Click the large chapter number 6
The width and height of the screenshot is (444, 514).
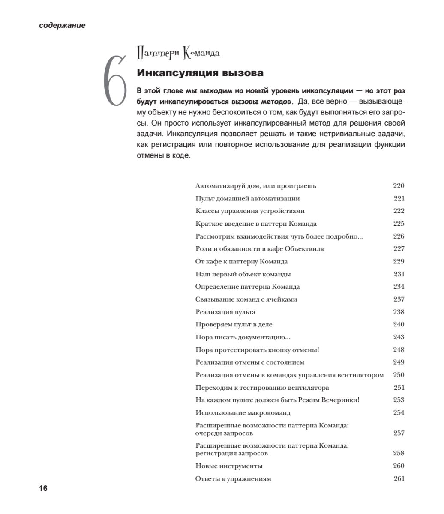point(115,81)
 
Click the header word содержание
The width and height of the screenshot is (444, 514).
point(62,25)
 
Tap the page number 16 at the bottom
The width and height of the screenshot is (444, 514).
point(43,488)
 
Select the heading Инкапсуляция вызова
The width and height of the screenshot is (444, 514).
point(200,73)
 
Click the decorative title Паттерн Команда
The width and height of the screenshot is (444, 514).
point(178,53)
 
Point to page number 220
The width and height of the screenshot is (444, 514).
point(399,186)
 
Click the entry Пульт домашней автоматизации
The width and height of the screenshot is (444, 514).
point(247,198)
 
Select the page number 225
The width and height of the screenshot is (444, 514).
point(399,224)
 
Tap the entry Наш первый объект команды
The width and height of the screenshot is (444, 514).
point(243,274)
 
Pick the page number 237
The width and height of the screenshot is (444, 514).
point(399,299)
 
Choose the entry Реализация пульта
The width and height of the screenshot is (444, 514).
point(225,312)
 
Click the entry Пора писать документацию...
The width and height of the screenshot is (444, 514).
point(243,337)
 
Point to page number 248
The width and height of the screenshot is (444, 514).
point(399,350)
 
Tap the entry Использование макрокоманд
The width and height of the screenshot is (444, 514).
point(243,413)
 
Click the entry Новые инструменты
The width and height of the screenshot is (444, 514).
point(228,466)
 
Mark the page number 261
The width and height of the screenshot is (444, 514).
point(399,479)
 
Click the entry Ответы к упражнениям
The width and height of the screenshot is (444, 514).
point(233,479)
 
